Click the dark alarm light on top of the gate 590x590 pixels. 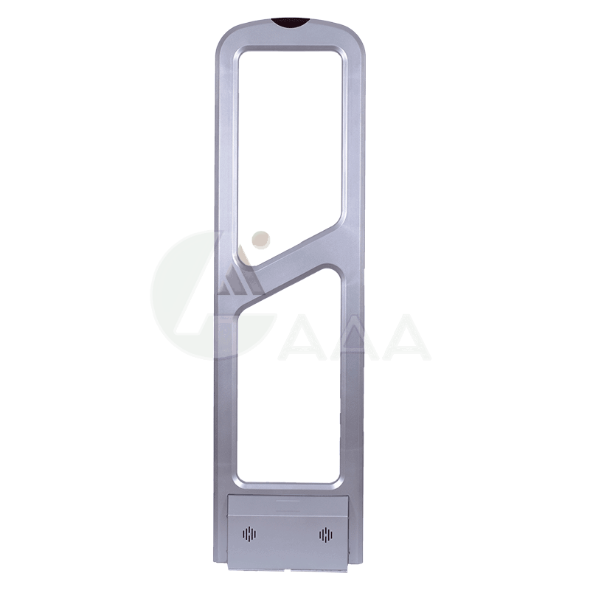pyautogui.click(x=291, y=23)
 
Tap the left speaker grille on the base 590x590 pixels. pyautogui.click(x=249, y=534)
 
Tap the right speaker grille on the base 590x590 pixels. pyautogui.click(x=326, y=534)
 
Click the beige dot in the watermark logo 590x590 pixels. pyautogui.click(x=261, y=240)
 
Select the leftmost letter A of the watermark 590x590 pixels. pyautogui.click(x=301, y=338)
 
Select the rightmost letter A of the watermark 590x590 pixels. pyautogui.click(x=406, y=338)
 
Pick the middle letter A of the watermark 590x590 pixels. pyautogui.click(x=354, y=338)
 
